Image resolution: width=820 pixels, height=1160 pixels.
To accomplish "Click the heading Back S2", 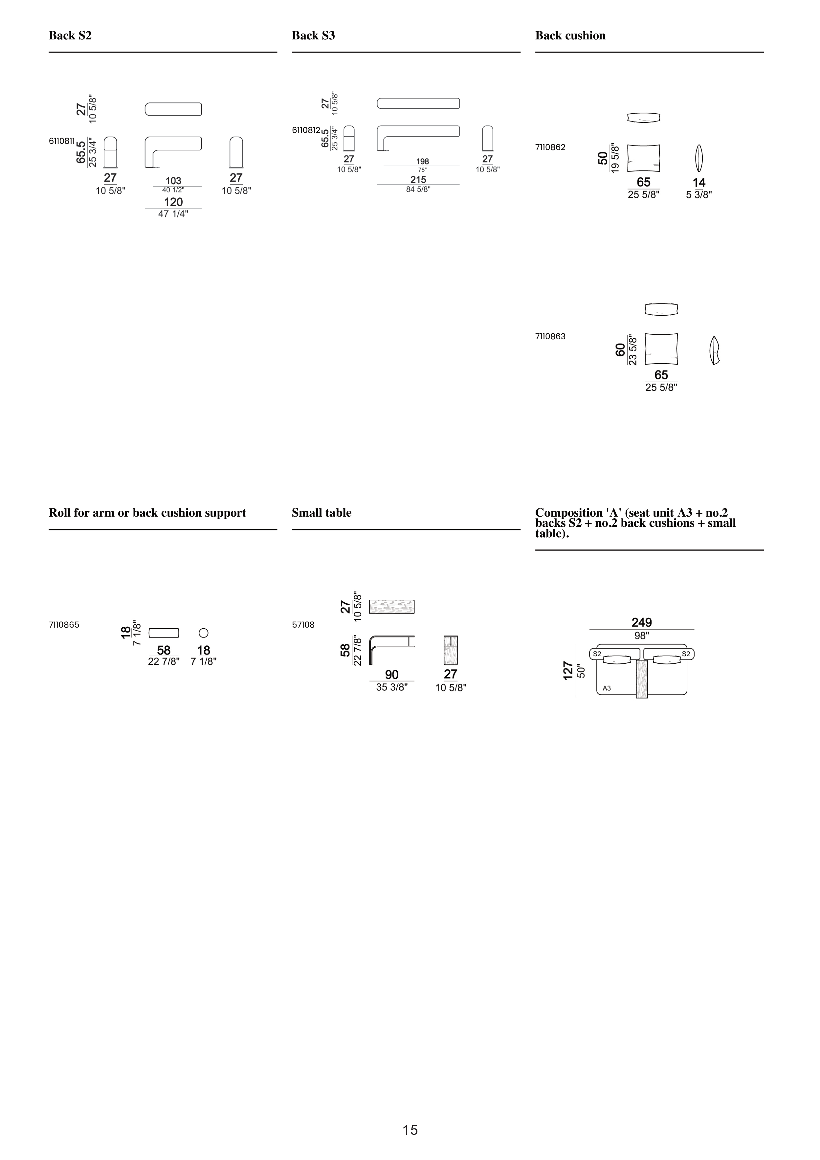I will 70,35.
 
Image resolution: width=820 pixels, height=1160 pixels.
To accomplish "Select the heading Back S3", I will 313,35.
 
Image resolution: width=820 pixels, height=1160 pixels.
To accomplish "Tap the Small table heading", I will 321,513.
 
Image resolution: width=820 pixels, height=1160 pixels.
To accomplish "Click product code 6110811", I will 62,141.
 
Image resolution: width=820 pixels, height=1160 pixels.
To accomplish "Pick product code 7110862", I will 550,147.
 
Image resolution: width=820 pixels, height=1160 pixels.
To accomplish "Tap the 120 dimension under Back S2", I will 173,202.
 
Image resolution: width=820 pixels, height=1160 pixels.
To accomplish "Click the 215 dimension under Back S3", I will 418,179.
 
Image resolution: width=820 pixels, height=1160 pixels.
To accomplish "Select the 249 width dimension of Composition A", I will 642,622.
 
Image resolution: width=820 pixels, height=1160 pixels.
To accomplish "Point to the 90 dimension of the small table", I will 391,675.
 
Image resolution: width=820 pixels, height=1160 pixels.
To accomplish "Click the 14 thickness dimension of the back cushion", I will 699,182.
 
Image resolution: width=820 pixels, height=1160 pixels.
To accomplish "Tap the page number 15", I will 410,1130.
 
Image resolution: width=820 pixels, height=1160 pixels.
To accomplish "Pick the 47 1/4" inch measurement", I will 173,214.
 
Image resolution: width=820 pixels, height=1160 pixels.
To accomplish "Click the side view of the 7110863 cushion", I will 714,350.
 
